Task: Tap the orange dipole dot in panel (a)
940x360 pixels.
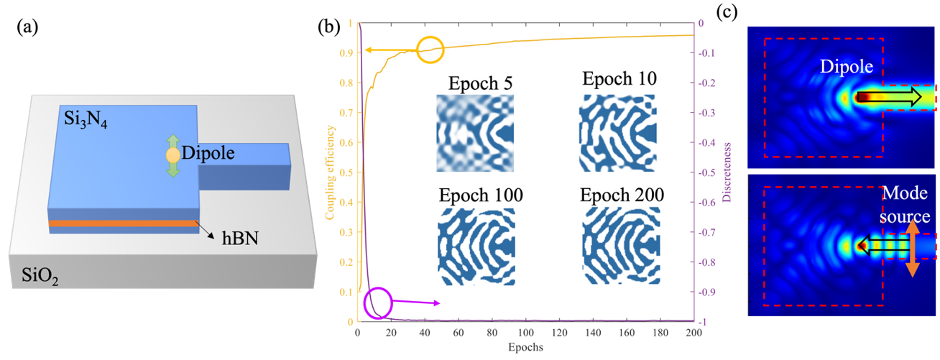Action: tap(172, 154)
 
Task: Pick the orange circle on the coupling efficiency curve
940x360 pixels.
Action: tap(431, 49)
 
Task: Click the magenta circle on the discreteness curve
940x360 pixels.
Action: tap(378, 303)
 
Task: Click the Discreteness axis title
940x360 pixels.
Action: tap(729, 172)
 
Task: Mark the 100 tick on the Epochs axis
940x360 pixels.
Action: tap(526, 332)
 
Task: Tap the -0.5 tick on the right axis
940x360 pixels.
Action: tap(705, 172)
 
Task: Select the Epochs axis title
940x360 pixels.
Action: tap(526, 346)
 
